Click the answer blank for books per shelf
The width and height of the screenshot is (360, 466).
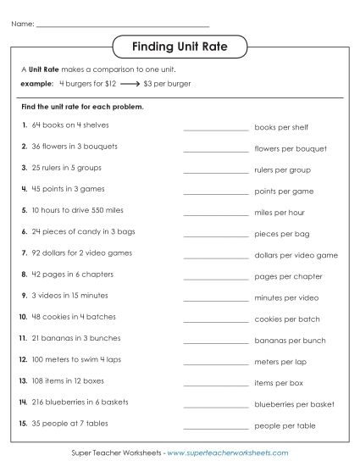tap(215, 129)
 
